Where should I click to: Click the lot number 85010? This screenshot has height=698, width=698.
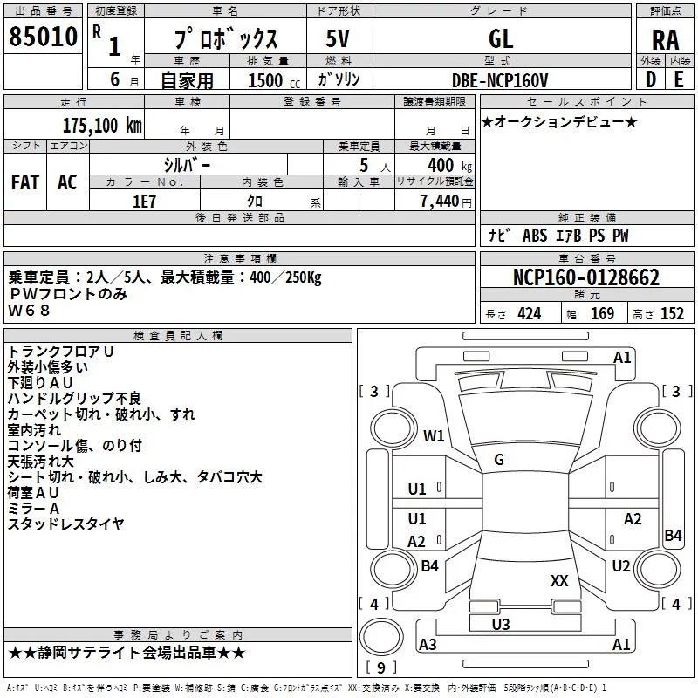click(x=43, y=37)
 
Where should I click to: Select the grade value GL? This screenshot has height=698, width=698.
click(x=501, y=38)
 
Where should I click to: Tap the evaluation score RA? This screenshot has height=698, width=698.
click(x=665, y=40)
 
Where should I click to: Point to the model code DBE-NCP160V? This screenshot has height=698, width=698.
click(x=499, y=80)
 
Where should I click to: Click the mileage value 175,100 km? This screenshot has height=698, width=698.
click(x=102, y=125)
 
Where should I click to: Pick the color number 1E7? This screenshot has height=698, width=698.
click(x=144, y=202)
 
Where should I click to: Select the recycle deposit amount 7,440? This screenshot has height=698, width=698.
click(x=440, y=202)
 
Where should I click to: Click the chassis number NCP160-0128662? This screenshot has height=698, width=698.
click(x=586, y=277)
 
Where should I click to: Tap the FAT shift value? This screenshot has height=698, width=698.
click(x=25, y=182)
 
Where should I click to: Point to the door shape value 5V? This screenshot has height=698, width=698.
click(x=338, y=38)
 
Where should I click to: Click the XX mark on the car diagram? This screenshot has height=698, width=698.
click(x=559, y=580)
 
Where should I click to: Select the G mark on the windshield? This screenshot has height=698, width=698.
click(x=499, y=460)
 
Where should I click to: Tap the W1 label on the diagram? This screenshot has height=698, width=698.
click(x=434, y=435)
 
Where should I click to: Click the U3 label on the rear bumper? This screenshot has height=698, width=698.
click(x=500, y=625)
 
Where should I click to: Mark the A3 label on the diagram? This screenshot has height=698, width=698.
click(x=428, y=644)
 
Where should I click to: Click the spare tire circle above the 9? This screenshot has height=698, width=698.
click(x=381, y=637)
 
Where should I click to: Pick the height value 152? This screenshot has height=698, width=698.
click(x=672, y=313)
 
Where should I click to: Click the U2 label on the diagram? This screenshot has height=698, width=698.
click(x=621, y=565)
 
